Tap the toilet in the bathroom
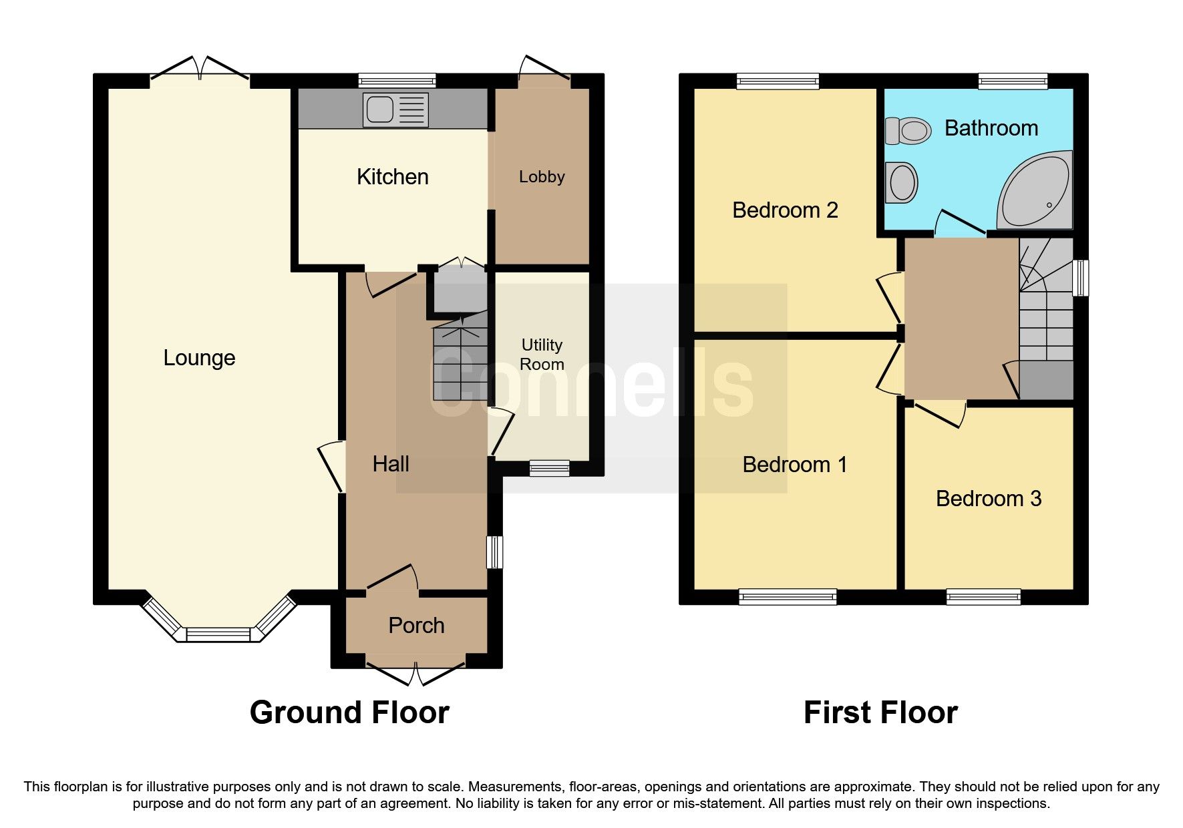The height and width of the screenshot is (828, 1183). (x=908, y=131)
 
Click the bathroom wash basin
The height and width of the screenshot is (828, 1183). (x=902, y=182)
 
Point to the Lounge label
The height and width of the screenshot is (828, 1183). (x=199, y=358)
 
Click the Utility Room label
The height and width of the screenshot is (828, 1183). (x=542, y=355)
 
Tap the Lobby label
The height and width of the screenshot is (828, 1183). (x=542, y=177)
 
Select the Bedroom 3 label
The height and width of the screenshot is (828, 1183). (x=988, y=499)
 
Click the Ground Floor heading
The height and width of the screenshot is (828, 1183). (x=349, y=712)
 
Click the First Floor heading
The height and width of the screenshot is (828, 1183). (x=880, y=712)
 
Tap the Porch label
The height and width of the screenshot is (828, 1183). (x=416, y=626)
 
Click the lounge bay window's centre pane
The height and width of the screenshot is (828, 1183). (x=218, y=634)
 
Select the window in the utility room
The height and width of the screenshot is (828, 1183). (x=549, y=468)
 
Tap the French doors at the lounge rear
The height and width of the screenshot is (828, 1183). (x=200, y=73)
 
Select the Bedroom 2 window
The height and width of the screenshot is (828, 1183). (x=778, y=81)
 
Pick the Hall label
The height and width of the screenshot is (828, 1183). (x=391, y=464)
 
